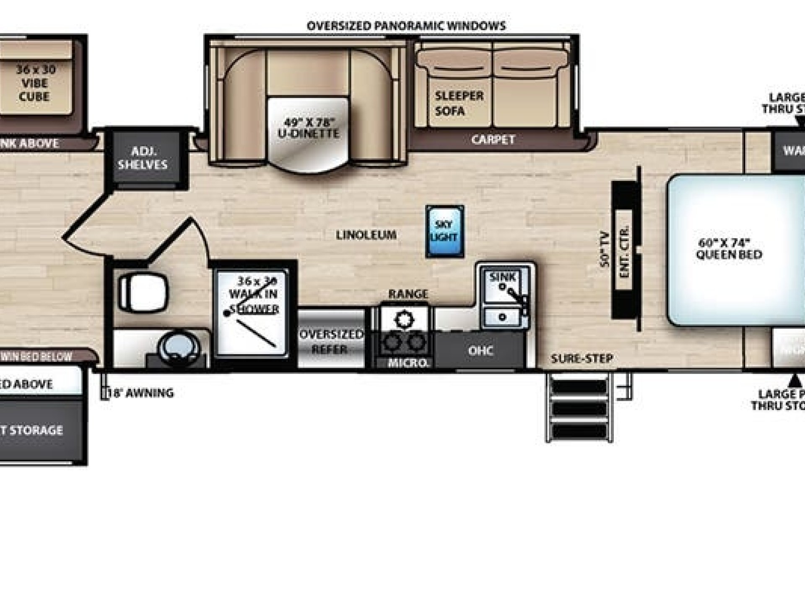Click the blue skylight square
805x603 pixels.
pyautogui.click(x=444, y=231)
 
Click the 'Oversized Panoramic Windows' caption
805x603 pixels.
pyautogui.click(x=406, y=26)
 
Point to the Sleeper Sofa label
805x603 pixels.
pyautogui.click(x=459, y=103)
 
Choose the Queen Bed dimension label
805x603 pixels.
pyautogui.click(x=729, y=248)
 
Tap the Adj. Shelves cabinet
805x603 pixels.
pyautogui.click(x=143, y=158)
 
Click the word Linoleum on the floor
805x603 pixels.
pyautogui.click(x=366, y=235)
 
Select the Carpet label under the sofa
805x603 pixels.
pyautogui.click(x=493, y=139)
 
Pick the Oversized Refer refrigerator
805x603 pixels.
pyautogui.click(x=331, y=341)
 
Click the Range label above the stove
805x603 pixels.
pyautogui.click(x=408, y=294)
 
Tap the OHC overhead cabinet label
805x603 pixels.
pyautogui.click(x=480, y=350)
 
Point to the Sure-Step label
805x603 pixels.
pyautogui.click(x=582, y=358)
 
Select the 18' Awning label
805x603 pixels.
pyautogui.click(x=141, y=393)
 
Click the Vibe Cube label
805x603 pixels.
pyautogui.click(x=35, y=83)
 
